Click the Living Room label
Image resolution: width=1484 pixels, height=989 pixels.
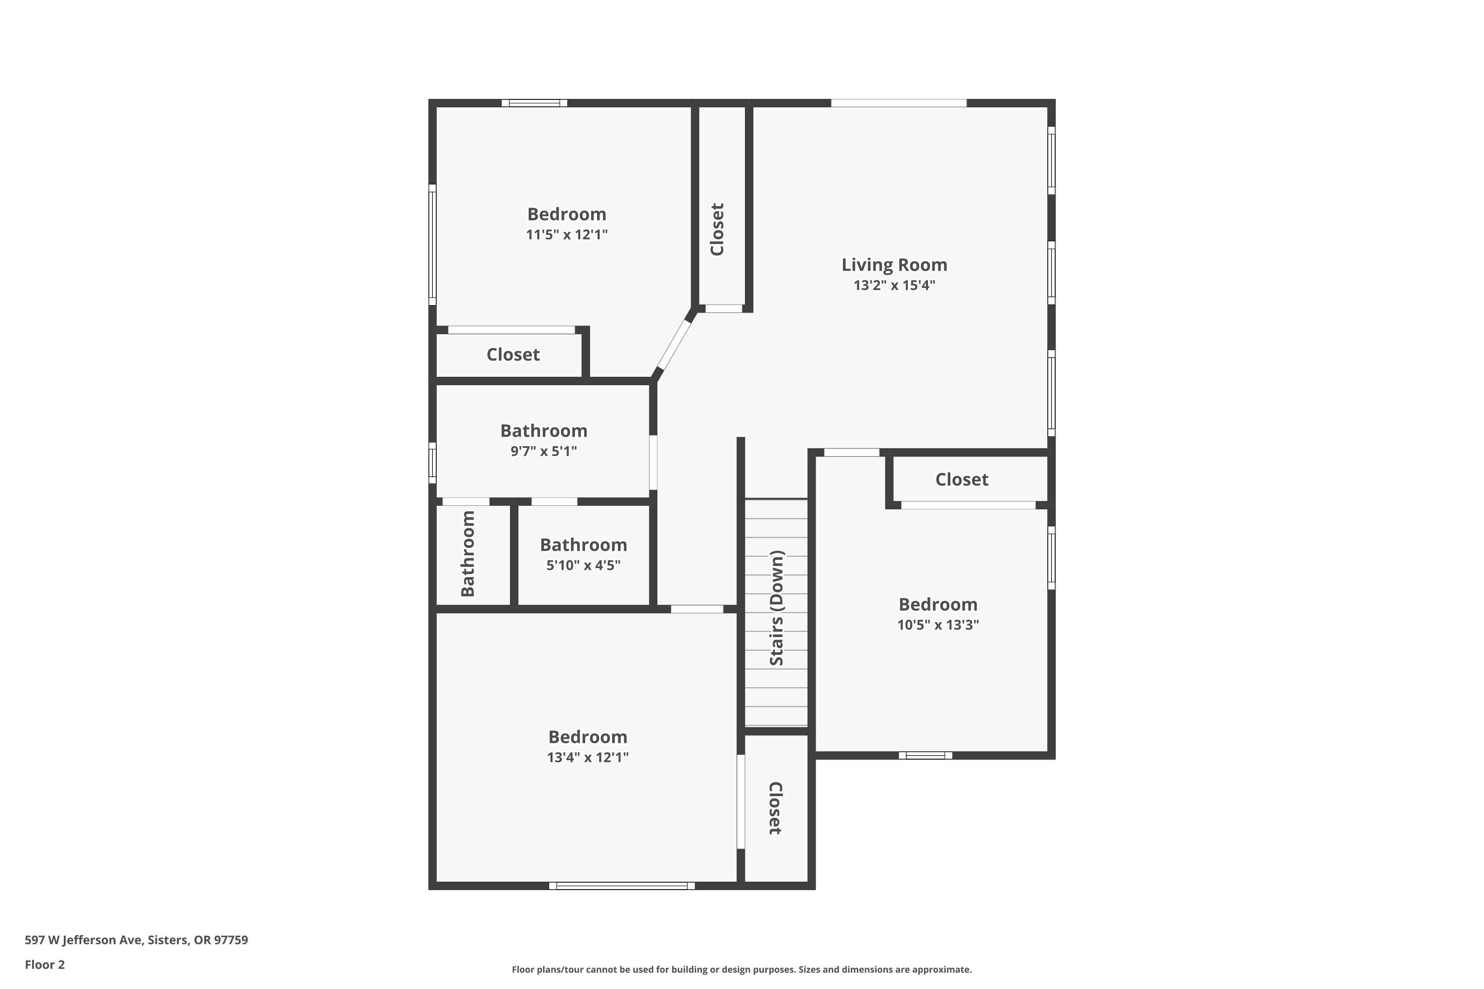tap(894, 265)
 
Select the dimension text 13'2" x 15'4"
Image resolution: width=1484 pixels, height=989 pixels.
tap(894, 285)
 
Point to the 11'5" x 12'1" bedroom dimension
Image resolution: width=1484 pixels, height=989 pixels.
tap(566, 234)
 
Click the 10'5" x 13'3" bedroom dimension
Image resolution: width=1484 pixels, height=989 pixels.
tap(937, 625)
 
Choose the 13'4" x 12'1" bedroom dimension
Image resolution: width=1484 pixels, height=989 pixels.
tap(588, 758)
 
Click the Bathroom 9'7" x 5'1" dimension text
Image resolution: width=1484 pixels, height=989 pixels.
tap(543, 451)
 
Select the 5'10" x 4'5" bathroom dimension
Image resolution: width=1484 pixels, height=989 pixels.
tap(583, 565)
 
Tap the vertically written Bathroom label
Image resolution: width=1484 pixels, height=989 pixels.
tap(467, 553)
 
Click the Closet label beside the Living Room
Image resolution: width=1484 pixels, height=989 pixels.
tap(717, 229)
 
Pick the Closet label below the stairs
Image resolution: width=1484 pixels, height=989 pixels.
tap(776, 808)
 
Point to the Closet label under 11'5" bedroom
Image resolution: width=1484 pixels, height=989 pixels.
tap(513, 355)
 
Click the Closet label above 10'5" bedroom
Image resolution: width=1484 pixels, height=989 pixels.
tap(962, 479)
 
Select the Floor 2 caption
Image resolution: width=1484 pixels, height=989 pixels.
tap(45, 964)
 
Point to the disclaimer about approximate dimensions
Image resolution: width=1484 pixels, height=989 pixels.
tap(742, 969)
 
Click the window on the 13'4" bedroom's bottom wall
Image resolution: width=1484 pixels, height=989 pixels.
tap(621, 886)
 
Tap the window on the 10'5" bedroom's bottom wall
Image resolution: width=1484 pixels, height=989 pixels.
tap(925, 755)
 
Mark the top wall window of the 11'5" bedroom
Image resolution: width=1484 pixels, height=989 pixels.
tap(534, 103)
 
